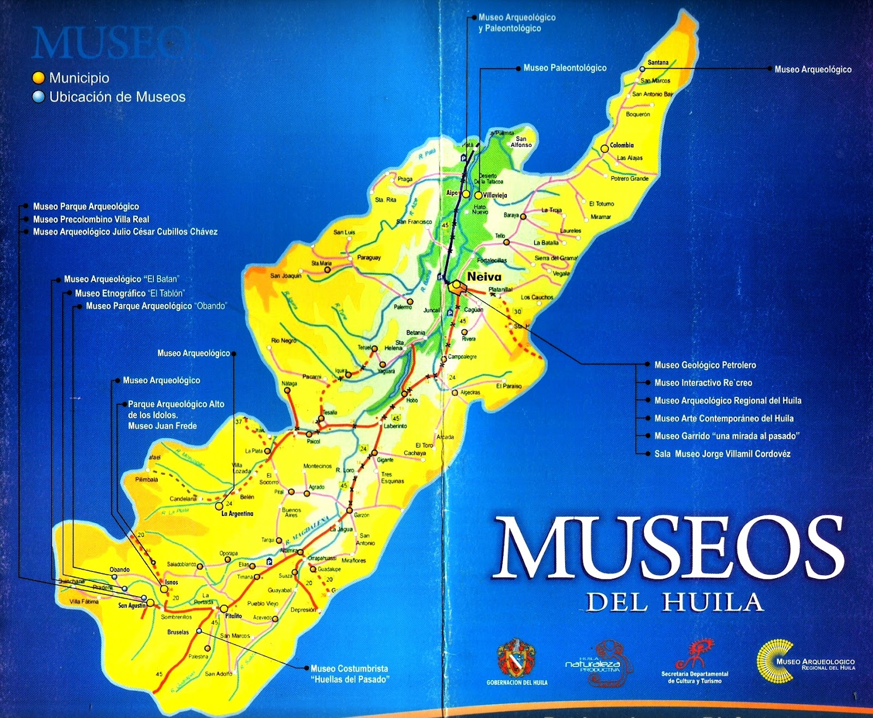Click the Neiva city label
484,277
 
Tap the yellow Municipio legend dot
38,78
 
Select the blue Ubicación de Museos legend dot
38,97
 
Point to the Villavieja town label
495,195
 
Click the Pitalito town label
234,616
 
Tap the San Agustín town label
132,606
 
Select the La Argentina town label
237,514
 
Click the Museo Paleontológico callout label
565,68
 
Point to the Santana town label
658,62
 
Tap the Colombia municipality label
622,145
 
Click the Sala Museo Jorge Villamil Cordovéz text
722,454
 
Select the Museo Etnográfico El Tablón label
130,293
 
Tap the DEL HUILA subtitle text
674,602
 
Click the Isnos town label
172,582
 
